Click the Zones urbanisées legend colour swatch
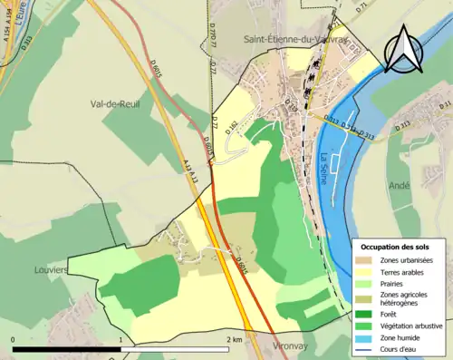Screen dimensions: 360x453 365,260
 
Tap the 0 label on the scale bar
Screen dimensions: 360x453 14,339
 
